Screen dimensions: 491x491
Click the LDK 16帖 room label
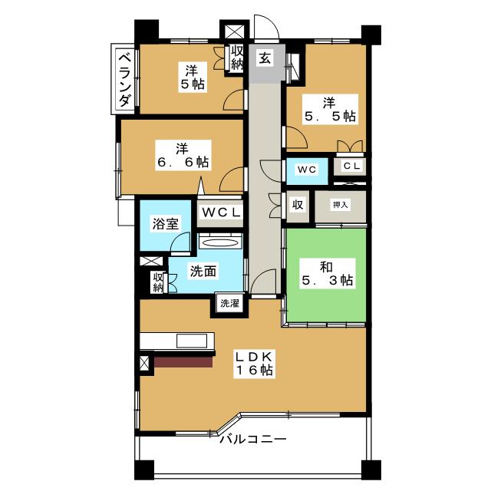tap(254, 363)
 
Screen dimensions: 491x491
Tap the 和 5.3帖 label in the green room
tap(328, 273)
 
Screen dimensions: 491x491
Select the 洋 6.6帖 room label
tap(183, 156)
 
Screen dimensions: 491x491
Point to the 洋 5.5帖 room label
tap(330, 110)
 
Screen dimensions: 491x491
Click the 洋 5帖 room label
tap(193, 77)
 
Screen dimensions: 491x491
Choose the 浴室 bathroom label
tap(166, 223)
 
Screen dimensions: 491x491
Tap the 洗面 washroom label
tap(203, 271)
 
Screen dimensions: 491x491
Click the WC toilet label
tap(307, 170)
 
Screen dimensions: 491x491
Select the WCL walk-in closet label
tap(221, 213)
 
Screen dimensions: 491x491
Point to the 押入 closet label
tap(340, 205)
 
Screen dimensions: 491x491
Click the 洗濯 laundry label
tap(229, 303)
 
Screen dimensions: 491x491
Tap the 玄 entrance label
tap(265, 58)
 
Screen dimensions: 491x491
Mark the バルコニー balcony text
tap(252, 439)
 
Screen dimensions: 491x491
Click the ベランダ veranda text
tap(124, 81)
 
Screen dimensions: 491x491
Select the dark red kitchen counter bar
tap(183, 361)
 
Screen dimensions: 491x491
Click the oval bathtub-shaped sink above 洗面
tap(220, 243)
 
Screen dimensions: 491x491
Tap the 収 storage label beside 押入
tap(298, 205)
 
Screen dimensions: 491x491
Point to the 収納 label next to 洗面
tap(157, 282)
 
